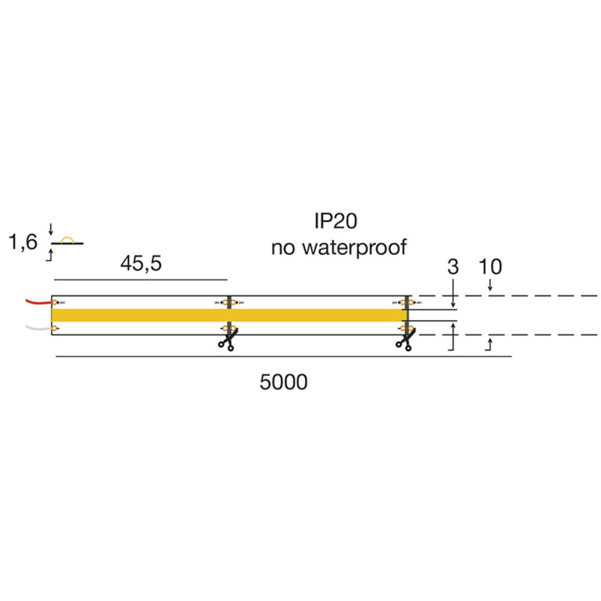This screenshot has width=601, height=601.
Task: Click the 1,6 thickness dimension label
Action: click(x=23, y=243)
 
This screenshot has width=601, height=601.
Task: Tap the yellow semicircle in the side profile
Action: click(x=67, y=240)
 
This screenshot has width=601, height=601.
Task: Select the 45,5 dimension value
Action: click(x=141, y=263)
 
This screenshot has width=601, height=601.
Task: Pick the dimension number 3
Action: click(x=453, y=267)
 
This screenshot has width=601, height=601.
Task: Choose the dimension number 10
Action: click(x=490, y=267)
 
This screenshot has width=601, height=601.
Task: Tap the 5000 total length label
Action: click(x=283, y=382)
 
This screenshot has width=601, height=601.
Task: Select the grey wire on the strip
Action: click(x=38, y=328)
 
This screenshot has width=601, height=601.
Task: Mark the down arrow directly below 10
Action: click(x=490, y=288)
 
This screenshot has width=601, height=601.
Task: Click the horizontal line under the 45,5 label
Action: click(x=139, y=279)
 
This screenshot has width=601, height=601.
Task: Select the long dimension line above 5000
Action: click(x=283, y=356)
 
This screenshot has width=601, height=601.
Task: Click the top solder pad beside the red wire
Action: click(x=55, y=302)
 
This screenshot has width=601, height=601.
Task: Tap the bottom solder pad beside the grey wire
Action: click(x=54, y=329)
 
